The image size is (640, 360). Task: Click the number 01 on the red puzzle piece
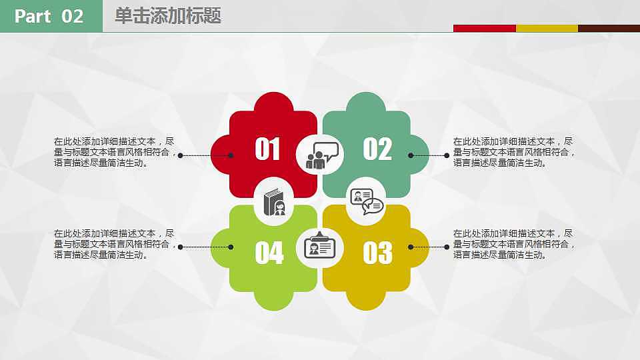coord(267,149)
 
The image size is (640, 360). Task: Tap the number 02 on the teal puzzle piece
coord(377,149)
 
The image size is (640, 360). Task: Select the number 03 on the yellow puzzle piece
coord(377,253)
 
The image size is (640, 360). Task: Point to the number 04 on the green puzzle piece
coord(269,253)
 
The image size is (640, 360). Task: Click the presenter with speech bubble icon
coord(322,155)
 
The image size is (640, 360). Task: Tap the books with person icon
coord(274,202)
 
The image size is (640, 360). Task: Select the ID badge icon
coord(320,245)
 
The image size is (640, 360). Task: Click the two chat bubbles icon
coord(367,201)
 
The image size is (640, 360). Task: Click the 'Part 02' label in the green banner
coord(49,16)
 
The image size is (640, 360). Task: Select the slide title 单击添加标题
coord(168,16)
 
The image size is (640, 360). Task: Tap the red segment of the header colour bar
coord(485,28)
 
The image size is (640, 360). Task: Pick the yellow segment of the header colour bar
coord(547,28)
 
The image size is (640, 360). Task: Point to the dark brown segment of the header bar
coord(609,28)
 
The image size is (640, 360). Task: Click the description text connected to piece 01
coord(115,152)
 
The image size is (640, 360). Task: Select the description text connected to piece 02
coord(514,152)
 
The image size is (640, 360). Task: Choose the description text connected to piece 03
coord(514,244)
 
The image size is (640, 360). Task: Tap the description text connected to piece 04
coord(115,244)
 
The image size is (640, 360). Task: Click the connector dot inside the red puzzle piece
coord(231,155)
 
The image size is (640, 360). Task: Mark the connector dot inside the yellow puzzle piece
coord(411,247)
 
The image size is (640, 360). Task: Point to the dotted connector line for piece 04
coord(206,247)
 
